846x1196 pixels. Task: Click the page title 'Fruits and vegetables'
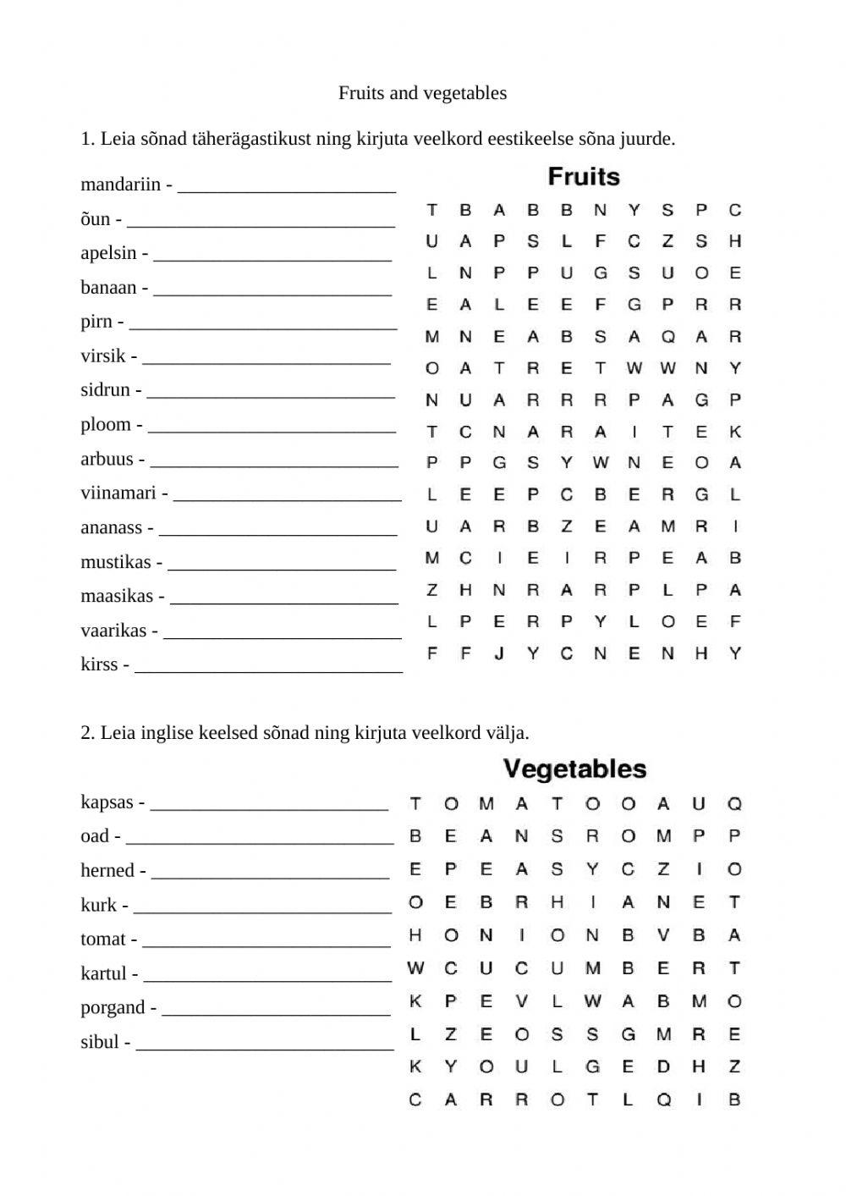(422, 93)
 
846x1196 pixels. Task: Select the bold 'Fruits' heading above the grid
(584, 177)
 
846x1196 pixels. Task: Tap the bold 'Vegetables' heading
(574, 769)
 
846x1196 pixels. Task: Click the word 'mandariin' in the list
(120, 185)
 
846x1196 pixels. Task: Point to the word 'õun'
(96, 219)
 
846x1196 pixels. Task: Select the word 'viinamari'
(118, 493)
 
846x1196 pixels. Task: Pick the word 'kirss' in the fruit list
(99, 664)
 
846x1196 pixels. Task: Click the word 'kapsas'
(107, 802)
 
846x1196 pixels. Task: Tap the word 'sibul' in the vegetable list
(100, 1042)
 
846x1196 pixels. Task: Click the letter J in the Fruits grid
(499, 653)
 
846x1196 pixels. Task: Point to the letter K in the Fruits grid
(735, 432)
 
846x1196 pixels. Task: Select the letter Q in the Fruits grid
(667, 337)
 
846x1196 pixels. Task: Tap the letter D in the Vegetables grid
(663, 1066)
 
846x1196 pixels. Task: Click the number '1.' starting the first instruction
(88, 139)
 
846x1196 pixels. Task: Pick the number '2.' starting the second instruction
(88, 732)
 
